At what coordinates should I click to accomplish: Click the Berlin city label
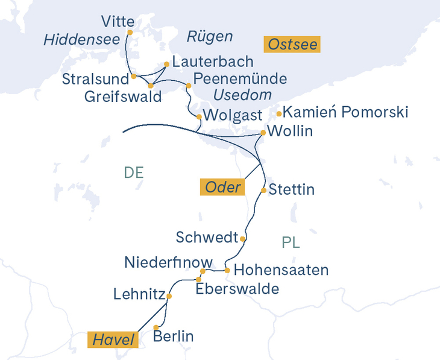click(x=174, y=336)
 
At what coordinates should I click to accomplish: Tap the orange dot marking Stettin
click(x=264, y=191)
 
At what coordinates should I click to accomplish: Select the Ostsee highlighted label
click(x=292, y=44)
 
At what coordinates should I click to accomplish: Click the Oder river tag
click(x=222, y=188)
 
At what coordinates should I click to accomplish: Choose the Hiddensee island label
click(x=80, y=40)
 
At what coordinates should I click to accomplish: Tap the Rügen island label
click(x=209, y=37)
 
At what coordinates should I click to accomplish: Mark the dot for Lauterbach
click(x=166, y=64)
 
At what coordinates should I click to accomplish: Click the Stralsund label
click(x=95, y=80)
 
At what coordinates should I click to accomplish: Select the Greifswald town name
click(x=123, y=96)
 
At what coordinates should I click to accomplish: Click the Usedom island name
click(x=242, y=95)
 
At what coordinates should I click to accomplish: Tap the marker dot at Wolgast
click(x=199, y=117)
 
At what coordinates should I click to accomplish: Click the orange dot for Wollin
click(x=263, y=133)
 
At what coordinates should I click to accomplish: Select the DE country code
click(x=133, y=172)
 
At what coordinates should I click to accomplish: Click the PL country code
click(x=291, y=243)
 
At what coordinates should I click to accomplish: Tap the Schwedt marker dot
click(x=242, y=239)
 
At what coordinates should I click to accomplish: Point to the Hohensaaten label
click(x=281, y=270)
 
